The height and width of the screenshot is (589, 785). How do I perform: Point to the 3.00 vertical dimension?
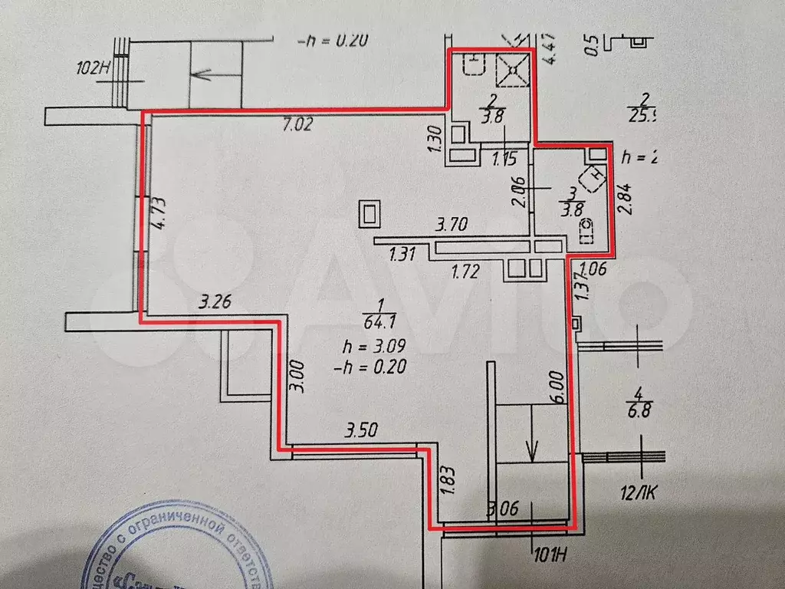[x=297, y=377]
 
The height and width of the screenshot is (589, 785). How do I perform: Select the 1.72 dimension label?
[x=465, y=270]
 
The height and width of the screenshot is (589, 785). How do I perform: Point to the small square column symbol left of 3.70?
[x=370, y=214]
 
